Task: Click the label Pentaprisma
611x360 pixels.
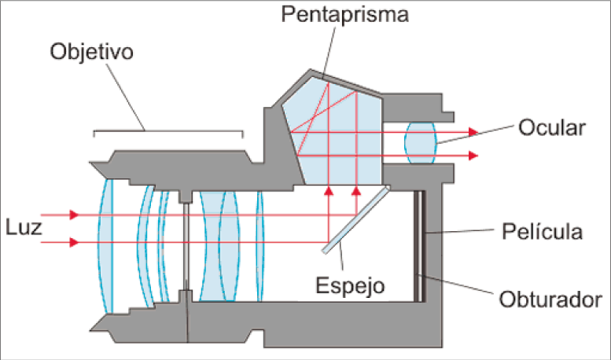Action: [347, 16]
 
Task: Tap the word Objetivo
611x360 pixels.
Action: [91, 52]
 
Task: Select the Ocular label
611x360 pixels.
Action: [551, 128]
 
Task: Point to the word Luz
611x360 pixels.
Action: [19, 227]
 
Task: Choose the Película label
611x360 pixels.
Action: [543, 232]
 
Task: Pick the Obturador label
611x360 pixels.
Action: [550, 299]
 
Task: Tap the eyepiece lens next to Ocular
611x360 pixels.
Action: [421, 143]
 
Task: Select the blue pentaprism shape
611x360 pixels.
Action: [334, 134]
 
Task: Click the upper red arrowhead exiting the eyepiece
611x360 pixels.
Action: [472, 132]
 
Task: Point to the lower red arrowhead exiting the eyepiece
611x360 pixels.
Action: [472, 156]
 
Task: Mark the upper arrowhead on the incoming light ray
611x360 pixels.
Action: [74, 215]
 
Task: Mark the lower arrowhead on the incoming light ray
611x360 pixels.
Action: [74, 242]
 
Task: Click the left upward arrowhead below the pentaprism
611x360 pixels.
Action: [329, 189]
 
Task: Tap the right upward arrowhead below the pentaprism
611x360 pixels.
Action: [356, 189]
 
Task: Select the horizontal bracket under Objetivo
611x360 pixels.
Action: [168, 134]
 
